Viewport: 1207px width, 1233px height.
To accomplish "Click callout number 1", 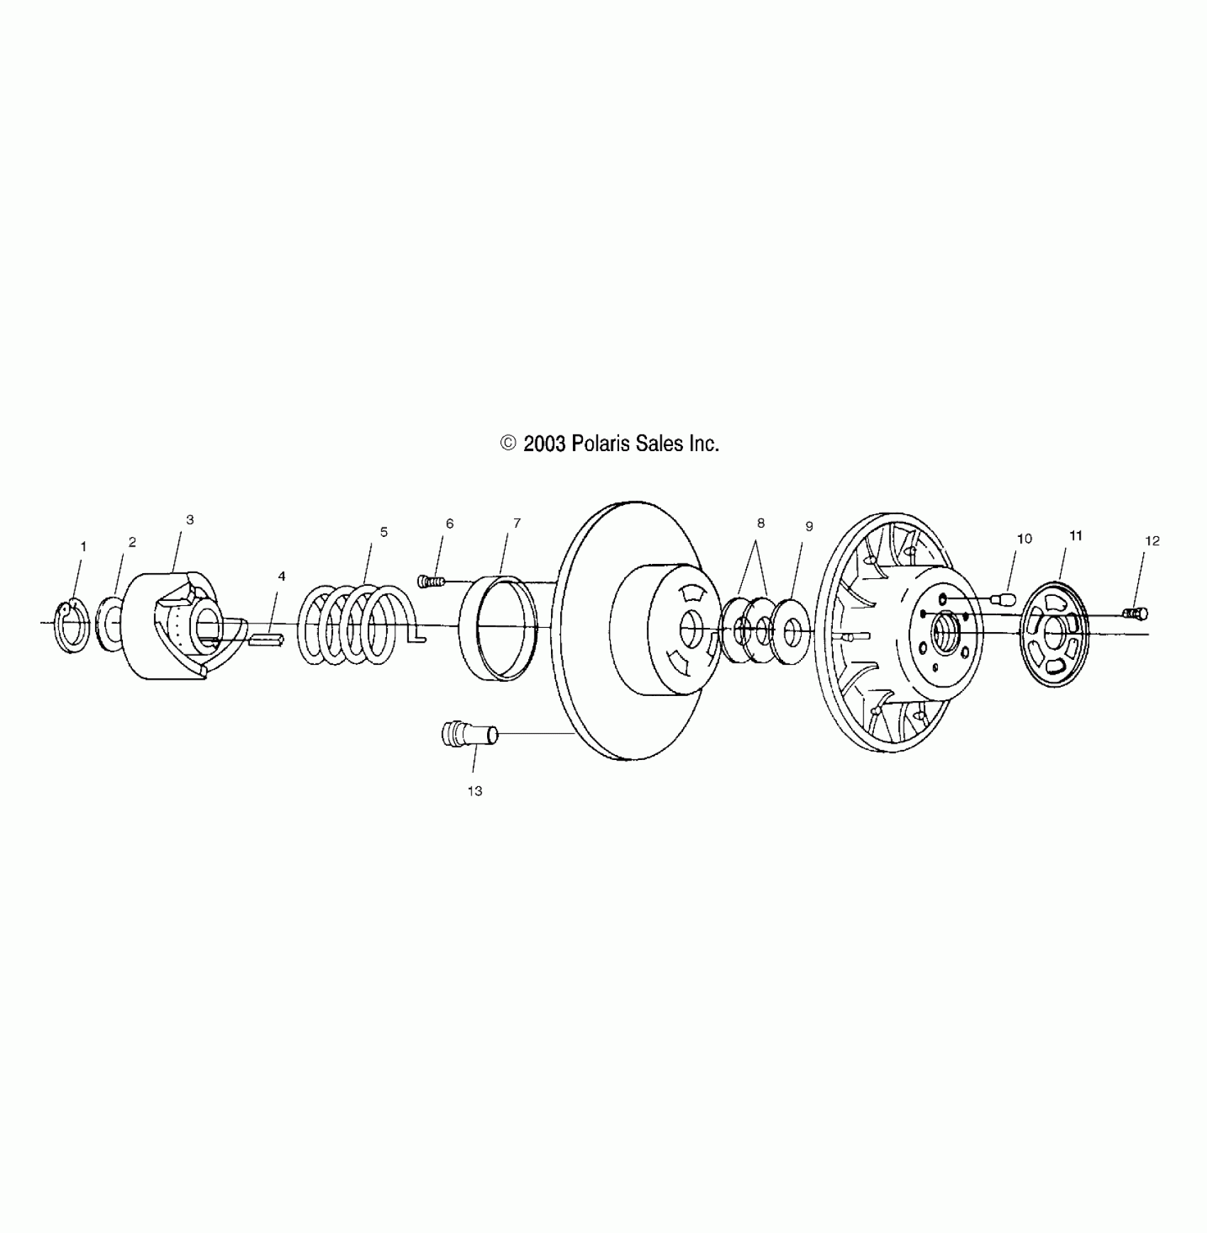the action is click(x=83, y=547).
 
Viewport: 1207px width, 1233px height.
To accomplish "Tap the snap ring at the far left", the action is click(x=72, y=627).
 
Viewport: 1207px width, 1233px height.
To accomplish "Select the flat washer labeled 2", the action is click(x=110, y=623).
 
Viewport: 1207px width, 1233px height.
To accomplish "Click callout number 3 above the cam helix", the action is click(x=190, y=520).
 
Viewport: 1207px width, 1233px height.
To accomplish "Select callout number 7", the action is click(x=517, y=523).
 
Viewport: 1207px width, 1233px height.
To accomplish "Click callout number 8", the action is click(x=760, y=523).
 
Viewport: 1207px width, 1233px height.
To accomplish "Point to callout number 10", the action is click(x=1024, y=539).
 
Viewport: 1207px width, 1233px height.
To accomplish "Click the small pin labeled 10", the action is click(x=1006, y=598).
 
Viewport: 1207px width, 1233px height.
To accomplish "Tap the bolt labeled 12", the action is click(x=1137, y=613).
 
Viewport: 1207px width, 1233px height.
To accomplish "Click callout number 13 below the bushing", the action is click(x=474, y=791).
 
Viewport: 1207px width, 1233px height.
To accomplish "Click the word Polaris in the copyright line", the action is click(x=599, y=445).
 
